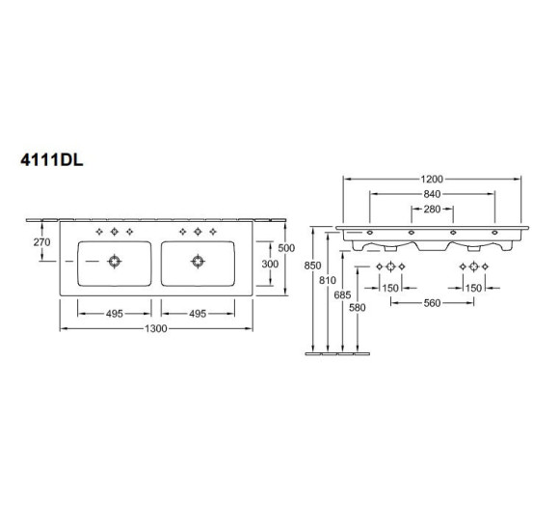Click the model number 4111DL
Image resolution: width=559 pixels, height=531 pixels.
pos(52,160)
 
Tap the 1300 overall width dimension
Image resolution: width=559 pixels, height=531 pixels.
pos(156,328)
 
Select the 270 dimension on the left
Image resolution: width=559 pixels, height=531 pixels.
pos(41,242)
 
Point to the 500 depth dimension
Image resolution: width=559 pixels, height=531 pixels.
pos(286,248)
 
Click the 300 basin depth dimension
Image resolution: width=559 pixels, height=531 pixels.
pos(270,264)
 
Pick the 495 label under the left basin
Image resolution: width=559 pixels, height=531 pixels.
pos(115,314)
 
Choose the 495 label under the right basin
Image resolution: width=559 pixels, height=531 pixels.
pos(198,314)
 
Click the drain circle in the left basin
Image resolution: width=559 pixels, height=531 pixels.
pos(114,262)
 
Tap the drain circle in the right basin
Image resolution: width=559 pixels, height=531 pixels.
pos(198,262)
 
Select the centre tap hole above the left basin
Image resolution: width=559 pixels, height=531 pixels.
pos(114,232)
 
